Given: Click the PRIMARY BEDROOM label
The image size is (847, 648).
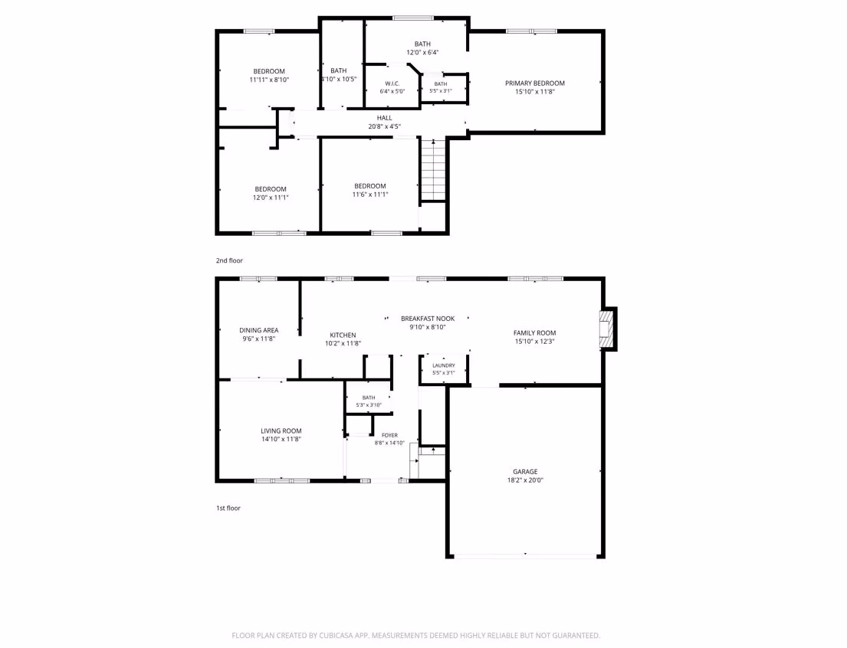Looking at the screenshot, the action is point(535,83).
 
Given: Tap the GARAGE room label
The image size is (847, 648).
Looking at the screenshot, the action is point(525,471).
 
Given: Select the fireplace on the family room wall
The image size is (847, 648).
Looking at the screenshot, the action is point(609,329).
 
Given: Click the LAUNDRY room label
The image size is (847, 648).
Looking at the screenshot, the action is point(444,365).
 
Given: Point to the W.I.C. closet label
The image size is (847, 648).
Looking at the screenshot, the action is point(392,83).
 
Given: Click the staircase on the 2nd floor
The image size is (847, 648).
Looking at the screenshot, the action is point(432,169).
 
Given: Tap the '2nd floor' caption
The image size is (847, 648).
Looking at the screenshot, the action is point(230,260).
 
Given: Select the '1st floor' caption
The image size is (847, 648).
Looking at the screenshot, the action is point(228,508).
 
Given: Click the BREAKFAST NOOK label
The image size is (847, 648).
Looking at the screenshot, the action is point(428,319).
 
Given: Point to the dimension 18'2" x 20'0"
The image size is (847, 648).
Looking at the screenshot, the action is point(525,480).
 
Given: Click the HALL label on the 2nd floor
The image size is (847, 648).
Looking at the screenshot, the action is point(385,118).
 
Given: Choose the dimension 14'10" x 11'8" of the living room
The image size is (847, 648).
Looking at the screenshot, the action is point(281,439).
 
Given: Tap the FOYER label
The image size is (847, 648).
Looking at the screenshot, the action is point(389,435).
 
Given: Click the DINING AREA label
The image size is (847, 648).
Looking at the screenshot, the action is point(259,330).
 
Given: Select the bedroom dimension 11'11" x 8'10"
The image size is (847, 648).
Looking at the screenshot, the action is point(269,80).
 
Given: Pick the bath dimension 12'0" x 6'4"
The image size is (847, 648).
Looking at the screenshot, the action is point(422,52).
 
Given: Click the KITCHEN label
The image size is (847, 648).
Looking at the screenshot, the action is point(343,335).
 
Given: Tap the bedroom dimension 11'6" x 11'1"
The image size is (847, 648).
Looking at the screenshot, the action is point(370,195).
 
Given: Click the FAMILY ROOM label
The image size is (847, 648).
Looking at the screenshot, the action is point(535,332).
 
